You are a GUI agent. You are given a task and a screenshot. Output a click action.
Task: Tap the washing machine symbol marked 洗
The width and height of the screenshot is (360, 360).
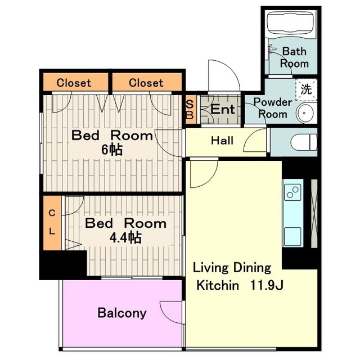point(306,90)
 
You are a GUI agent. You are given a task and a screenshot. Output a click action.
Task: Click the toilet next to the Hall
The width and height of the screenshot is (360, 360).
point(304,142)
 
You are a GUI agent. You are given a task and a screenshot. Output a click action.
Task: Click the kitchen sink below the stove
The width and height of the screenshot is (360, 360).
point(292,237)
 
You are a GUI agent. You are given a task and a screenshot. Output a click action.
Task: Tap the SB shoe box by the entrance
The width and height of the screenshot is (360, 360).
point(190,110)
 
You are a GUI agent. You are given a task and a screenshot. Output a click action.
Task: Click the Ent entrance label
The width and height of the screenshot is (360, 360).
point(223,109)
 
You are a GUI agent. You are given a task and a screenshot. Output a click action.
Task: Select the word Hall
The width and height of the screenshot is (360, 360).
point(222,140)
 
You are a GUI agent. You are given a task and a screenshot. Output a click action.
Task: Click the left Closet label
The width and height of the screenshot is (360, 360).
point(74,83)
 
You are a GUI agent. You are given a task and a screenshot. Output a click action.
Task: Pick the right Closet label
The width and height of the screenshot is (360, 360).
point(146,83)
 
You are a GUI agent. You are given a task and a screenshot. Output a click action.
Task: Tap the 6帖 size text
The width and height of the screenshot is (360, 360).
point(112,150)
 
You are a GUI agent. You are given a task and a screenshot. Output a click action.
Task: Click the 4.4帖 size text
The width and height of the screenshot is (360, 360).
point(125,237)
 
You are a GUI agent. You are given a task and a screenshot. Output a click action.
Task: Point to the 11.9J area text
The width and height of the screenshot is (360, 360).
point(266,285)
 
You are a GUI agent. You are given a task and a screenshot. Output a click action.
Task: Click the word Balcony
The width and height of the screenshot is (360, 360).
point(122,313)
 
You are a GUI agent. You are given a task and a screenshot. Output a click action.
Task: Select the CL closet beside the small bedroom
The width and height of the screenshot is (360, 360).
point(52,223)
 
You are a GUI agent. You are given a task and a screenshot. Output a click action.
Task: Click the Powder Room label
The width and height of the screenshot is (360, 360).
point(273,108)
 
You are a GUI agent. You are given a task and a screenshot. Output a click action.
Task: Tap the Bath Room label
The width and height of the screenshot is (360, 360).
point(294,57)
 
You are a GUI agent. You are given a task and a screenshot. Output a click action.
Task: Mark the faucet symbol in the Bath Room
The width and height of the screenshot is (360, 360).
point(272,49)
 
